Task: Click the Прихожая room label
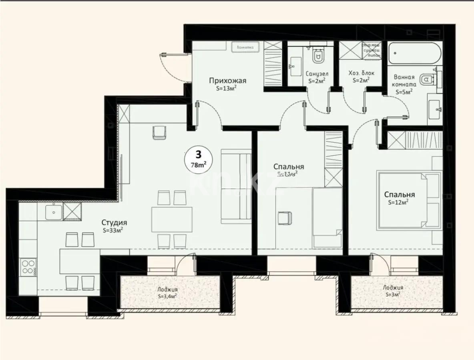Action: point(227,81)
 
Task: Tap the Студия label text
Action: point(114,222)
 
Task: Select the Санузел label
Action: point(317,74)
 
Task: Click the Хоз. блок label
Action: point(362,74)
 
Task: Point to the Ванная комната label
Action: point(405,80)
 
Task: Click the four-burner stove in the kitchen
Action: point(28,267)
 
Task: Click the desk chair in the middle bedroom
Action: point(285,218)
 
